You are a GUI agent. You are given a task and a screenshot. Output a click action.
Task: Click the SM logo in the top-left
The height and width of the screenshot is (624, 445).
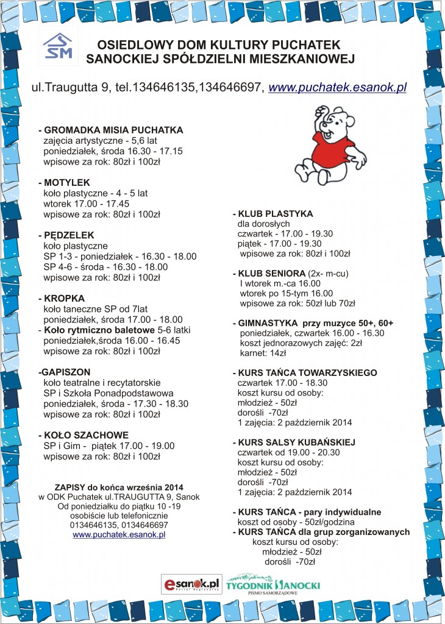tap(57, 46)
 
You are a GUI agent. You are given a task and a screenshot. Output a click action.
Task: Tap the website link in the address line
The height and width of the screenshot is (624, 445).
tap(337, 87)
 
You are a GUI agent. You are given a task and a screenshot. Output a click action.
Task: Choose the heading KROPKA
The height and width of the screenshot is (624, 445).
tap(64, 299)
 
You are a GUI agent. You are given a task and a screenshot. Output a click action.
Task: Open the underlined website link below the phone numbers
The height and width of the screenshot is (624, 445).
tap(119, 535)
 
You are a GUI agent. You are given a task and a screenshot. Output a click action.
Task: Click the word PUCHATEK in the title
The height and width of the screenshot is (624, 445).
tap(307, 45)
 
